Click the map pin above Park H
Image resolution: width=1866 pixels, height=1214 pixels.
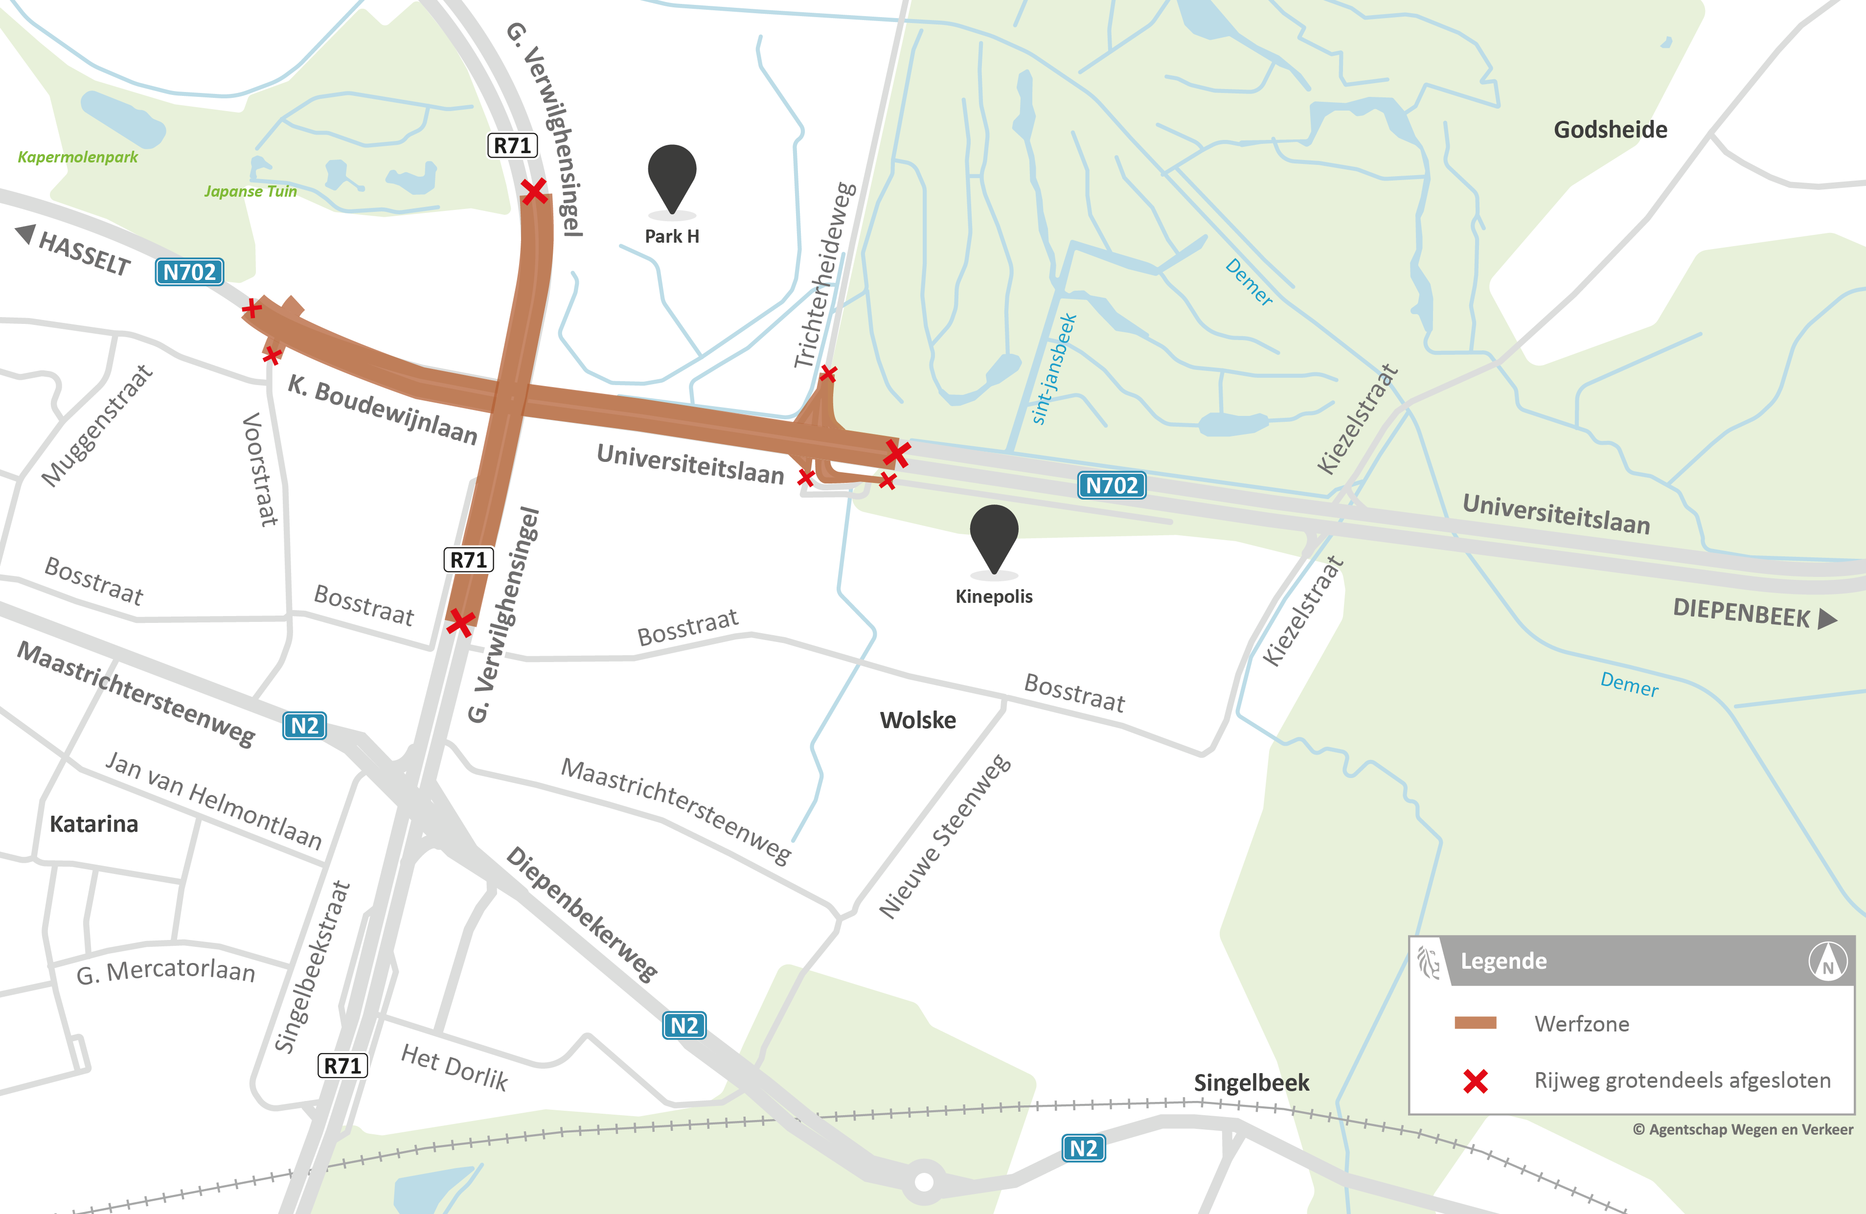(x=672, y=177)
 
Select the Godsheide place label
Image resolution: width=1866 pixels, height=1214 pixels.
(x=1611, y=129)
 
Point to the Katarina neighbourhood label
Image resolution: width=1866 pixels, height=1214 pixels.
(x=94, y=824)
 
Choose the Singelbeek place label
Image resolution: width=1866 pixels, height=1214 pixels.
(x=1252, y=1083)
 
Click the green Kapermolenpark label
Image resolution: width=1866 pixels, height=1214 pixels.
(x=78, y=157)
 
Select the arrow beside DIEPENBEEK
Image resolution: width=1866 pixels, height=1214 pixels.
(x=1827, y=619)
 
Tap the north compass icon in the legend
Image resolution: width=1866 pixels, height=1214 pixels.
(x=1827, y=962)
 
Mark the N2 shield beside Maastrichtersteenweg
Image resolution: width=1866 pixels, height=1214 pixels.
(x=304, y=726)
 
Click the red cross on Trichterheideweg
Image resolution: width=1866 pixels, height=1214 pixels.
(x=828, y=373)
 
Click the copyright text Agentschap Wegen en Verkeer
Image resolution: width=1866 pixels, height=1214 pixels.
(x=1743, y=1129)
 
